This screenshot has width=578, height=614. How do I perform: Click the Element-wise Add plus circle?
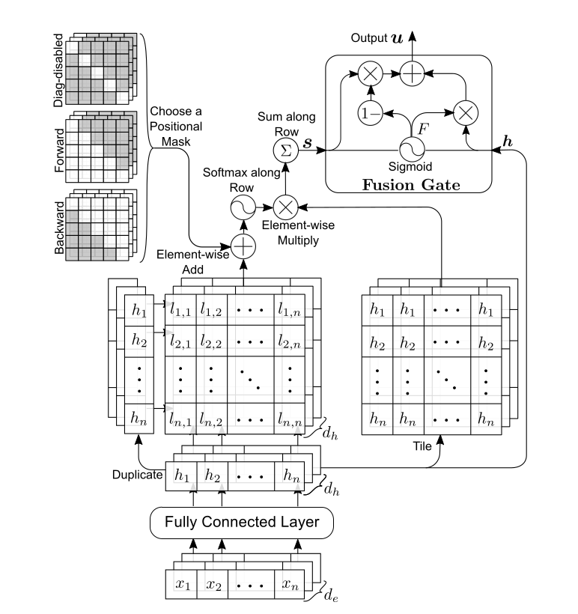(x=243, y=246)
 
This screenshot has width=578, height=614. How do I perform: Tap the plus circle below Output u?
(x=411, y=73)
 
